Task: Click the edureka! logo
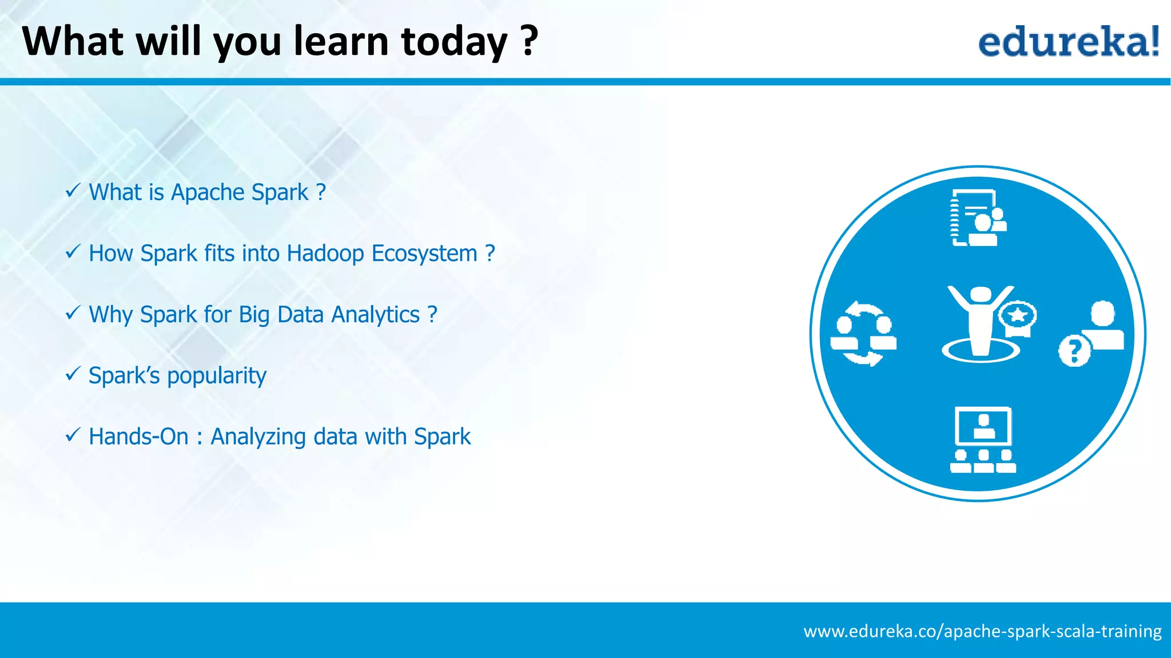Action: pos(1068,42)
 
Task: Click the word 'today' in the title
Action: pos(454,42)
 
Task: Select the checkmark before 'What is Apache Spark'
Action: pos(73,191)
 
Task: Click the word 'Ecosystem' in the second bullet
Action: pos(424,254)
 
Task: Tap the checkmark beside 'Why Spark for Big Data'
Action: pos(73,313)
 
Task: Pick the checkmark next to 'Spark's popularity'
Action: pos(73,374)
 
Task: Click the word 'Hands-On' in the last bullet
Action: pos(138,437)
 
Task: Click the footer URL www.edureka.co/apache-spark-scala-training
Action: pos(982,631)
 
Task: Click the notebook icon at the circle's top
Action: pos(977,218)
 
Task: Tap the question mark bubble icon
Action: pos(1074,351)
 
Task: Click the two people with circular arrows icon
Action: pos(863,334)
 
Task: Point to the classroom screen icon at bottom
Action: pos(982,440)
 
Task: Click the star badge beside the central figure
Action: pos(1018,316)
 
